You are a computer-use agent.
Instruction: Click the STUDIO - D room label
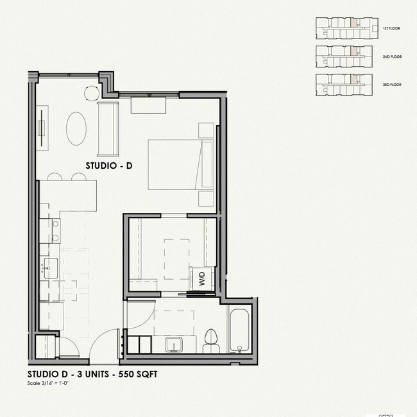pos(109,166)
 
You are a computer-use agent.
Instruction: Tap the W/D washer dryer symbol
pos(203,280)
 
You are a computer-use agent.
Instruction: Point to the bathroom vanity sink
pos(174,345)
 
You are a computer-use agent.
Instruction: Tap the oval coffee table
pos(77,128)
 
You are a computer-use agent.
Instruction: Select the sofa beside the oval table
pos(108,128)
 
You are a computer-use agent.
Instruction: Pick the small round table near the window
pos(91,94)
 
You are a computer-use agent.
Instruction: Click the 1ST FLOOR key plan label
pos(391,29)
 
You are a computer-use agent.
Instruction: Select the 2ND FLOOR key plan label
pos(391,57)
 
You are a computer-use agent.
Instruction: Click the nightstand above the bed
pos(206,130)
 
